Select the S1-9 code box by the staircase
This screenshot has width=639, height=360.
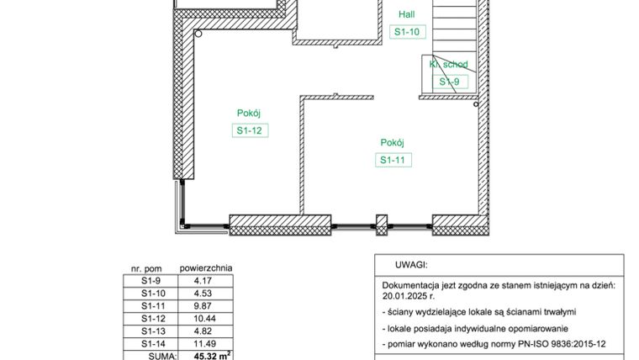click(449, 82)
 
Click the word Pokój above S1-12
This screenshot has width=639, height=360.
click(251, 113)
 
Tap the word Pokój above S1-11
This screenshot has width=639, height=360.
click(393, 142)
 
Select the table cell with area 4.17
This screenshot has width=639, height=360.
click(202, 280)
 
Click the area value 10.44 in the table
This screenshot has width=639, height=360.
click(204, 319)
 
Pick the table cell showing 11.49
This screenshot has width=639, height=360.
click(204, 344)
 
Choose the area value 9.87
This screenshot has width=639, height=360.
click(202, 306)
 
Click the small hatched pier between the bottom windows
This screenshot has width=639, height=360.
click(381, 224)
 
